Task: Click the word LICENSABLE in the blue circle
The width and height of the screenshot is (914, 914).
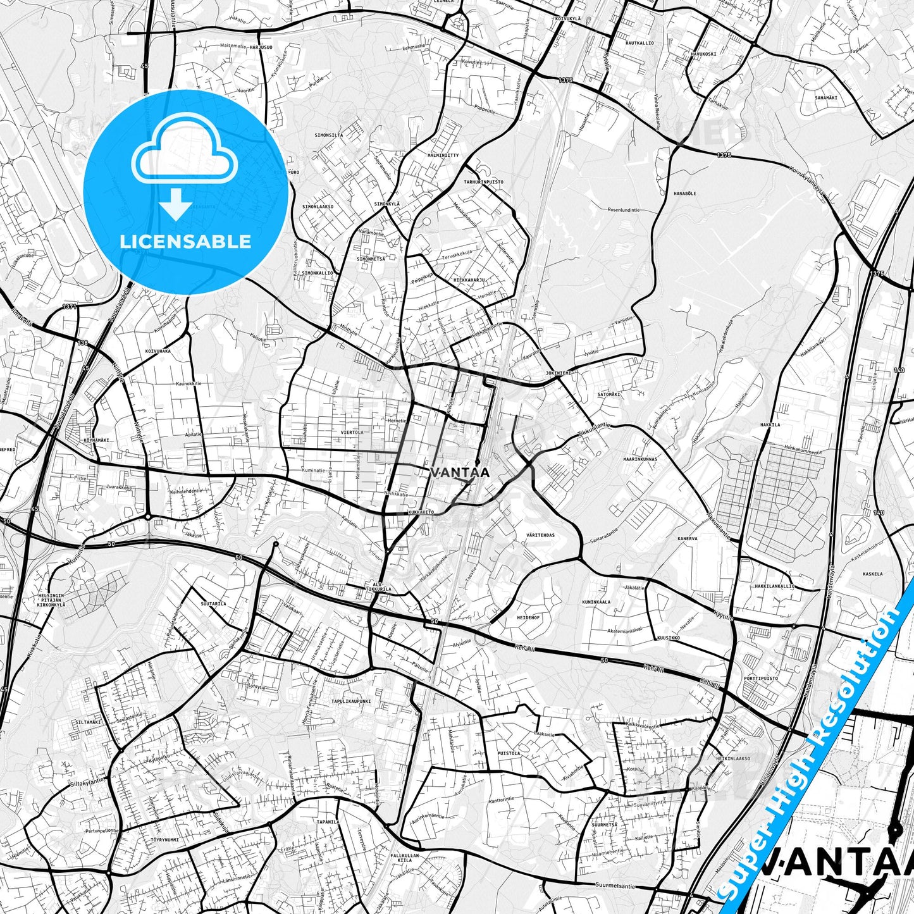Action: (x=185, y=241)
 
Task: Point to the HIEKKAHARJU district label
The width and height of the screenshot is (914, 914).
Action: (x=469, y=279)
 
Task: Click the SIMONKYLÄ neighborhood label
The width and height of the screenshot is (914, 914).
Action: (x=387, y=204)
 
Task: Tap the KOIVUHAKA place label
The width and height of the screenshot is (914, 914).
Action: (x=157, y=350)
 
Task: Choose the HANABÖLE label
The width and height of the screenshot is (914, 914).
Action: (x=684, y=194)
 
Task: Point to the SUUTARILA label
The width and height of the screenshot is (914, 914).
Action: (x=213, y=604)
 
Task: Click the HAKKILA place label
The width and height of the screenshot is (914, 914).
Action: (x=770, y=425)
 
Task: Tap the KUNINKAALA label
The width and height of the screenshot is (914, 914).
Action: (x=596, y=602)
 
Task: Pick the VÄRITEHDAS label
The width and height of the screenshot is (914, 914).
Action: (x=540, y=535)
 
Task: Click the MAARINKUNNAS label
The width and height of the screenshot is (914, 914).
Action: (x=640, y=459)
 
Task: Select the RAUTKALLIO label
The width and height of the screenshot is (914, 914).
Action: (x=639, y=43)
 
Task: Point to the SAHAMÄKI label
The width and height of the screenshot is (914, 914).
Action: (x=826, y=97)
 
